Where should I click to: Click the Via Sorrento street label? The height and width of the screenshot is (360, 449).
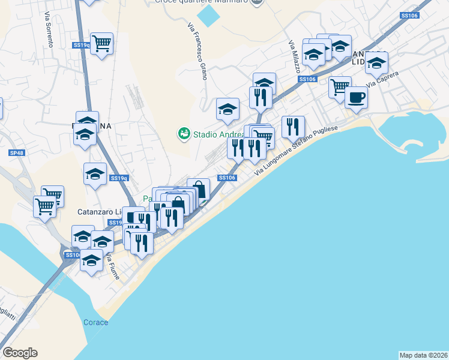[x=49, y=31]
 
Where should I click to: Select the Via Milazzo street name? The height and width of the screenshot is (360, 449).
[x=294, y=57]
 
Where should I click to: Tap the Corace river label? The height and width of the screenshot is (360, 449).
[x=95, y=322]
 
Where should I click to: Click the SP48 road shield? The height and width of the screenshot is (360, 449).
[x=16, y=154]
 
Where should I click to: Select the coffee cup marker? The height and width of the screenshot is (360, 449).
[x=357, y=97]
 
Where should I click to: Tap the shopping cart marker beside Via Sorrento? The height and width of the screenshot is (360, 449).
[x=102, y=43]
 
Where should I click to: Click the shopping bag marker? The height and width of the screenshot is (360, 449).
[x=198, y=190]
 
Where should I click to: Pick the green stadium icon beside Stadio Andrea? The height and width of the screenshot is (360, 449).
[x=184, y=133]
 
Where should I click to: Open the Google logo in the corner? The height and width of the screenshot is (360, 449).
[x=20, y=353]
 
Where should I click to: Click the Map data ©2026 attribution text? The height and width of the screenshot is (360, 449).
[x=423, y=355]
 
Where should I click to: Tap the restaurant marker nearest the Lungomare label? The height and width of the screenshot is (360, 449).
[x=293, y=127]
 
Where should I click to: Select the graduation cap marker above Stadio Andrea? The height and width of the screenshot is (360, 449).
[x=228, y=109]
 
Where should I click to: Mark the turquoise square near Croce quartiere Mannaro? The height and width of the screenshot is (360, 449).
[x=208, y=15]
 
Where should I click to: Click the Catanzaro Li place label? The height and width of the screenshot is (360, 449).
[x=100, y=212]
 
